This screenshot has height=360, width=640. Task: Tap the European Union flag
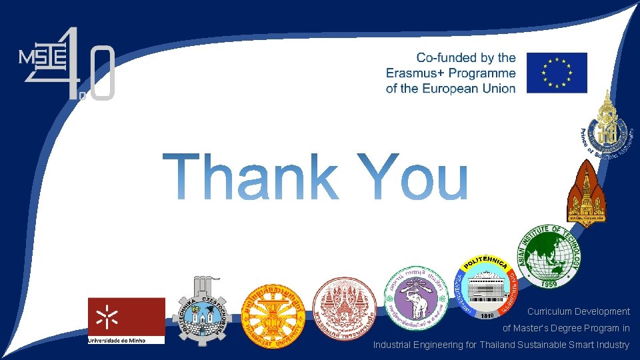[557, 73]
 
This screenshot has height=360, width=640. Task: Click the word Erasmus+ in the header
[422, 73]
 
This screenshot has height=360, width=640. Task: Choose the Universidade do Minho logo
[126, 320]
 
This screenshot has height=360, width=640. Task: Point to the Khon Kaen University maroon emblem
[588, 192]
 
